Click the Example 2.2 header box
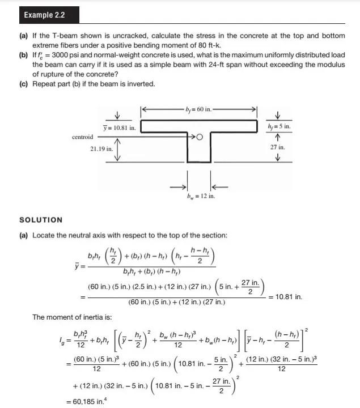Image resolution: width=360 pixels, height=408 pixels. [x=44, y=15]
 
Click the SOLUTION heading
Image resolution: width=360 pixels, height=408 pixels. [x=41, y=220]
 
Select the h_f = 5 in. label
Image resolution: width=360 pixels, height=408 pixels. [x=278, y=127]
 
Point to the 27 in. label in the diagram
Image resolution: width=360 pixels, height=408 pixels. [x=278, y=147]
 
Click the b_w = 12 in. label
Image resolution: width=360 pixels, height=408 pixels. [x=201, y=196]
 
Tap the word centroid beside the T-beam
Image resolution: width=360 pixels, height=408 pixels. [x=83, y=137]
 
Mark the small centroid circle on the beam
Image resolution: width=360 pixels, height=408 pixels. [x=200, y=137]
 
